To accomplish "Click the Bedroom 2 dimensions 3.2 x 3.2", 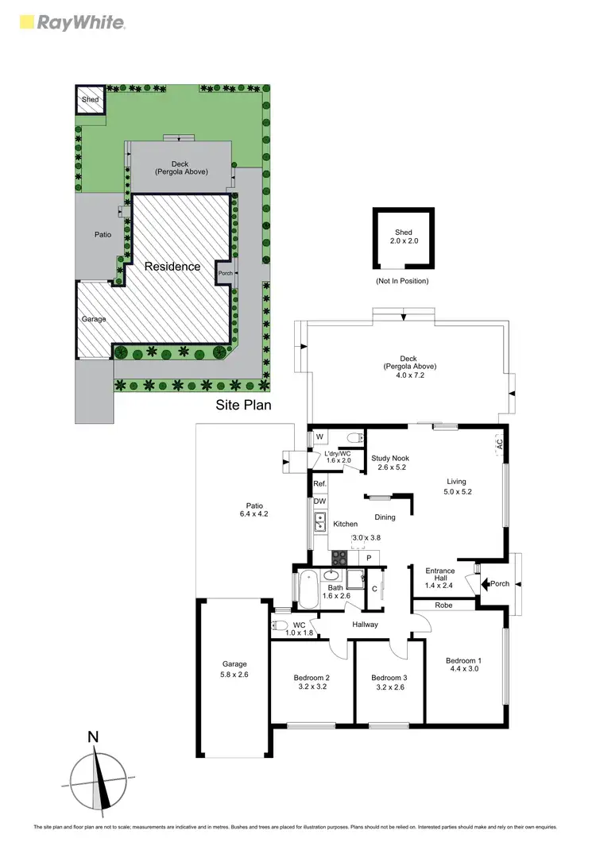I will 312,686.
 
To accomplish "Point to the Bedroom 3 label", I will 389,677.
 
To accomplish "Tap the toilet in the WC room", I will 279,626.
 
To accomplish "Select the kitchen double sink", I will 321,521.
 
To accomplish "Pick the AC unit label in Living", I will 500,446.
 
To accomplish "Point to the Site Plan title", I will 244,405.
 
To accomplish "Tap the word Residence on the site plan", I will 172,267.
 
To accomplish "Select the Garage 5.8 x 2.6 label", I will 234,669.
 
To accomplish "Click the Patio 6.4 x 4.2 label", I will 254,510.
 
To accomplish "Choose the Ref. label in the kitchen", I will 319,483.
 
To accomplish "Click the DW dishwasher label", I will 319,501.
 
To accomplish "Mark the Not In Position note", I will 403,281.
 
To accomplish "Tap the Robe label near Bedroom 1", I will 443,604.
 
